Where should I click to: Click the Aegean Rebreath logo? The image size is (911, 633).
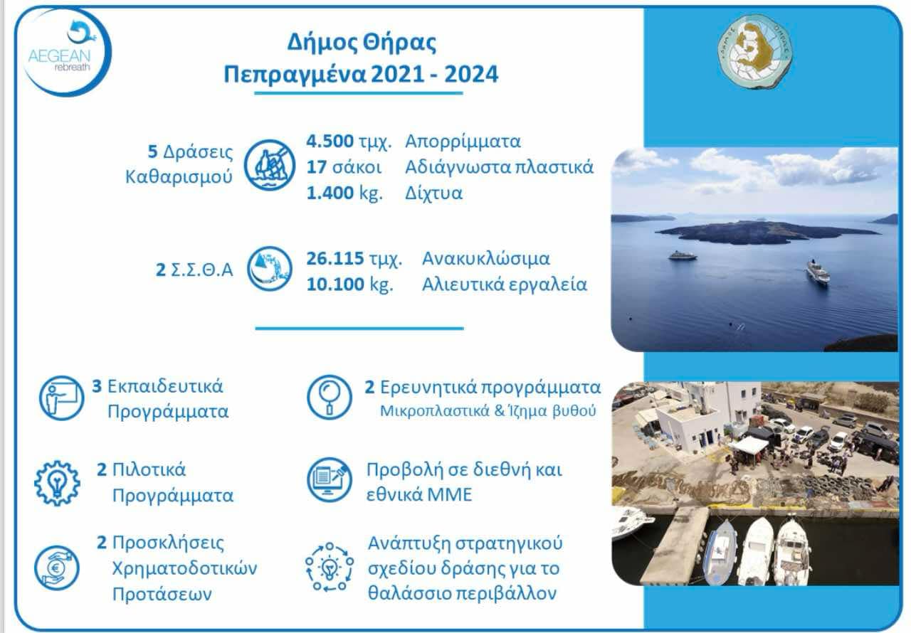click(65, 53)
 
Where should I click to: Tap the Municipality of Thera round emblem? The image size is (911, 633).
click(755, 52)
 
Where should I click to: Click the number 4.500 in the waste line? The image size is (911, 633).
click(330, 141)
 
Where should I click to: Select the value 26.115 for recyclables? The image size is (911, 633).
click(335, 258)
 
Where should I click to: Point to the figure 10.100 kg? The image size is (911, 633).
click(349, 284)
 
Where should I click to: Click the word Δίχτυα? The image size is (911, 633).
click(433, 193)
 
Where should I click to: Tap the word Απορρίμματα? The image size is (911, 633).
click(463, 142)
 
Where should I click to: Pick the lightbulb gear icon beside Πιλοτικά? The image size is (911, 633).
click(58, 483)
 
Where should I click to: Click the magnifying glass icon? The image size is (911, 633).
click(330, 397)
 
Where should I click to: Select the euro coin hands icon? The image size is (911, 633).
click(57, 568)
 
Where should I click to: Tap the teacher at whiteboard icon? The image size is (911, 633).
click(61, 398)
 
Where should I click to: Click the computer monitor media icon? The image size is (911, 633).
click(330, 480)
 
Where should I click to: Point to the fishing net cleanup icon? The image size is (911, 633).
click(269, 165)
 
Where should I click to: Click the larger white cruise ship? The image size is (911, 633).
click(818, 272)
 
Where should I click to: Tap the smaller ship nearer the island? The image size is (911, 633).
click(683, 255)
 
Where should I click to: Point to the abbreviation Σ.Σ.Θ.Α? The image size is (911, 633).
click(201, 270)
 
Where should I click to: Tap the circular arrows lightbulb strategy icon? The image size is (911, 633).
click(330, 567)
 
